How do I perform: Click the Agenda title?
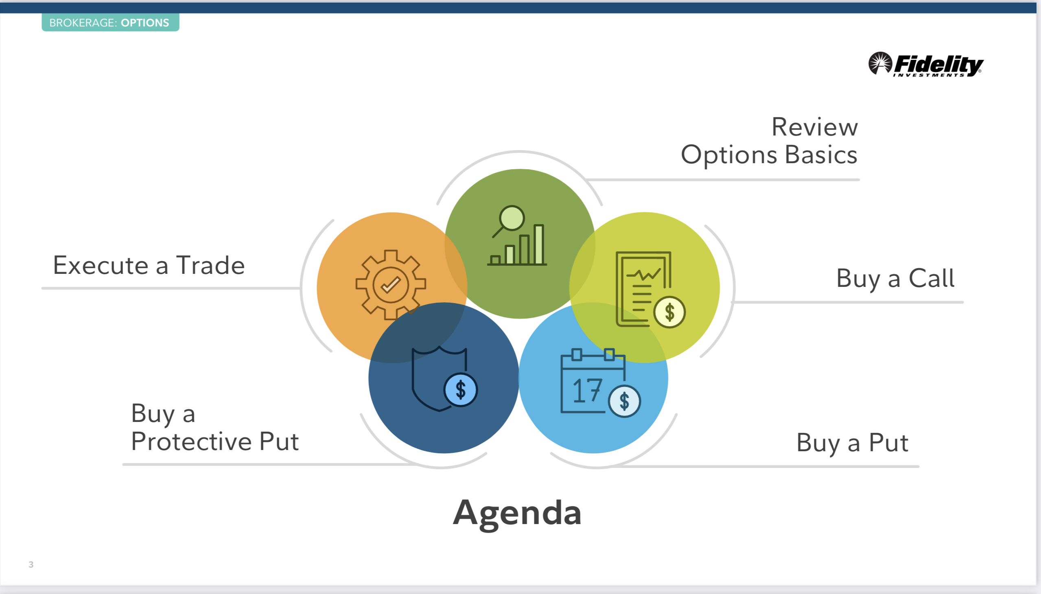pyautogui.click(x=517, y=513)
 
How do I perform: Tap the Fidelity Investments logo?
pyautogui.click(x=925, y=64)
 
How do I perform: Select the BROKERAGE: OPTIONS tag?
pyautogui.click(x=110, y=22)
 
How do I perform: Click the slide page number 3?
pyautogui.click(x=31, y=564)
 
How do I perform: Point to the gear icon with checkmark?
pyautogui.click(x=391, y=284)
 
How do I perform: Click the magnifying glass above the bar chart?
pyautogui.click(x=511, y=218)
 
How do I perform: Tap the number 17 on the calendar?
pyautogui.click(x=587, y=390)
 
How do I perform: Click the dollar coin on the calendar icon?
pyautogui.click(x=624, y=401)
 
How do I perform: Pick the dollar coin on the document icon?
pyautogui.click(x=669, y=312)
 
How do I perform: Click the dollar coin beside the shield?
pyautogui.click(x=461, y=390)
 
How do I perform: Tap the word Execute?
pyautogui.click(x=101, y=266)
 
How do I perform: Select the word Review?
pyautogui.click(x=814, y=127)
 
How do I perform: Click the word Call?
pyautogui.click(x=931, y=279)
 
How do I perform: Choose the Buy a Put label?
pyautogui.click(x=853, y=443)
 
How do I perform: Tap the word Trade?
pyautogui.click(x=210, y=266)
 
